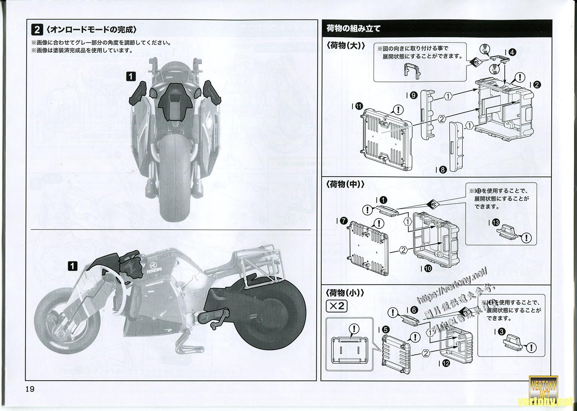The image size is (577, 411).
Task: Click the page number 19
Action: (30, 389)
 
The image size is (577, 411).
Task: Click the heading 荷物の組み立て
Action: (354, 29)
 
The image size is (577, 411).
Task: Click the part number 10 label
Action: (427, 268)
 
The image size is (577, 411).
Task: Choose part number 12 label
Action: (445, 363)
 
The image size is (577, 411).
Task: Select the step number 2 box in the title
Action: (38, 29)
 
